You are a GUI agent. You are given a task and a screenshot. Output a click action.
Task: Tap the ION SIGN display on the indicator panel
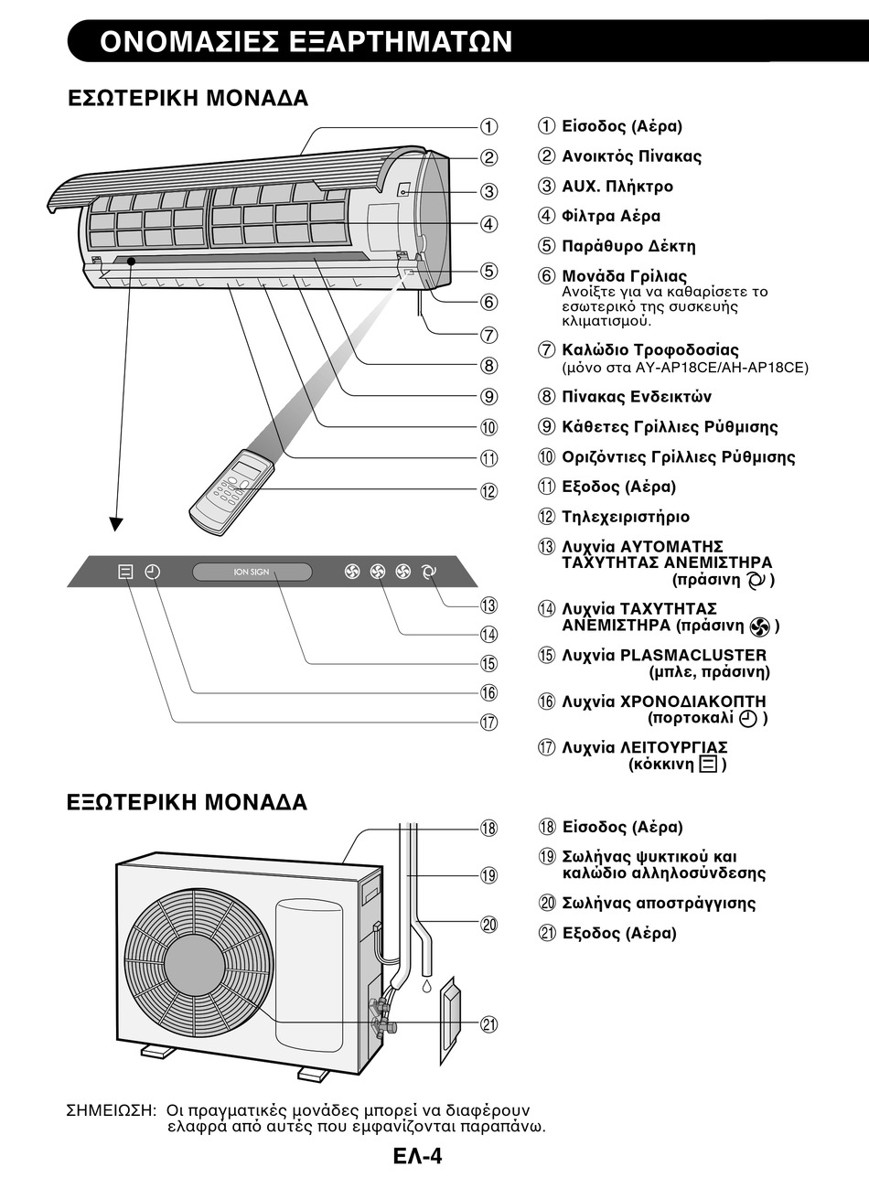point(252,572)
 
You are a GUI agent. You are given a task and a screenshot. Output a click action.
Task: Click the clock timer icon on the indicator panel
point(153,572)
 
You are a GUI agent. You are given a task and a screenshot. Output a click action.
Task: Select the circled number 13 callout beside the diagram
point(488,605)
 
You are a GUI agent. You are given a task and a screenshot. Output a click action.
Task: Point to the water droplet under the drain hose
point(426,985)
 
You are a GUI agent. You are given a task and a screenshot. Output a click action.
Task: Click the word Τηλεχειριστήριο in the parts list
point(626,517)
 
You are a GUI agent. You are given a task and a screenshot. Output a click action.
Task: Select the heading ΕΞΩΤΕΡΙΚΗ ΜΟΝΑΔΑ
point(188,802)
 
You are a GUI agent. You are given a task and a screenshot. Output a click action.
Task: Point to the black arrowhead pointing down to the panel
point(116,524)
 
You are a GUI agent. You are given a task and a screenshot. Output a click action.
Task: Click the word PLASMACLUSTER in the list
point(693,655)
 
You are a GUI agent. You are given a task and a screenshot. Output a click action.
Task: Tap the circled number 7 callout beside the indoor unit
point(488,335)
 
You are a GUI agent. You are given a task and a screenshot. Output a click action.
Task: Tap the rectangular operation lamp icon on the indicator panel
point(125,572)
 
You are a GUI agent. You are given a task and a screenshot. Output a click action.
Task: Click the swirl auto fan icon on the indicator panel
point(429,572)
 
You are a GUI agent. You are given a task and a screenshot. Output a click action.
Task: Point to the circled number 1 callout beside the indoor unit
point(488,127)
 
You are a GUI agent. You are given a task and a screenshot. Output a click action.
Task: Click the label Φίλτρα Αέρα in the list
point(611,216)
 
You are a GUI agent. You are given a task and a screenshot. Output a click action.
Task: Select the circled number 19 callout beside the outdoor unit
point(488,875)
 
